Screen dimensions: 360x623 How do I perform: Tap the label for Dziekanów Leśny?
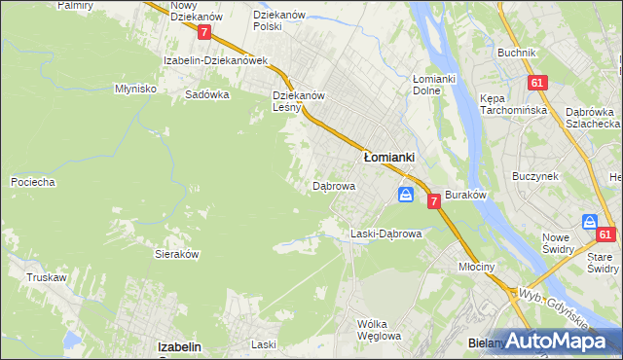298,101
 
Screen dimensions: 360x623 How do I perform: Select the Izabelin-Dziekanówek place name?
215,59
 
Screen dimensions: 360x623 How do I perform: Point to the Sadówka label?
206,95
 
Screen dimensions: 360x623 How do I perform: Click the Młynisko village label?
135,88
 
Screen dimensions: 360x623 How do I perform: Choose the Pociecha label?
32,182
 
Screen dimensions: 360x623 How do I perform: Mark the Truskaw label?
47,277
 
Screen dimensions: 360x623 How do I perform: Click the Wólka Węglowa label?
379,330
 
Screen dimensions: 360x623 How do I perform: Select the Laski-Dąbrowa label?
385,234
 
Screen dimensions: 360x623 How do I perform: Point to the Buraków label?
464,195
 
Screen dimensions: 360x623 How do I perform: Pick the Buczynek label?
534,176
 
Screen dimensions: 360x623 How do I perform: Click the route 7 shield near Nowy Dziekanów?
203,32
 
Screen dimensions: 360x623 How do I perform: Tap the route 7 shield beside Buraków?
433,198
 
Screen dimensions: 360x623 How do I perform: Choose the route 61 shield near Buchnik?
536,84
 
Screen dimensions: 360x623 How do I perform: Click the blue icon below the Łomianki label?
405,196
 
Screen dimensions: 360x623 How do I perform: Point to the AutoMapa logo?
556,341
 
